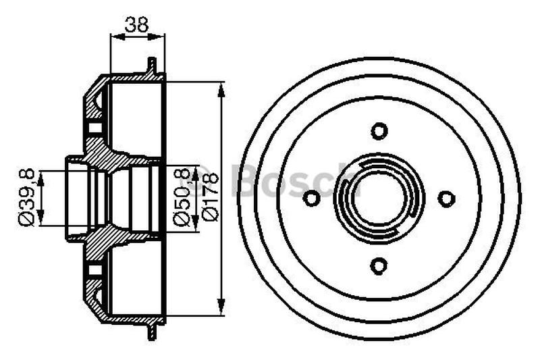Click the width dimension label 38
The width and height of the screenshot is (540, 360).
(137, 24)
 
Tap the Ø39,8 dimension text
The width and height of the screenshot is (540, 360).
(27, 197)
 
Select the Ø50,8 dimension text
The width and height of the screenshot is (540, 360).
(182, 196)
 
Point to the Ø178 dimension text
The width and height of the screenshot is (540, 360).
(211, 197)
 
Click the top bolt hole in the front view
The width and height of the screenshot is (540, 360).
(379, 131)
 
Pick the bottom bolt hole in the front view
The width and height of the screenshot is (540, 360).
(379, 266)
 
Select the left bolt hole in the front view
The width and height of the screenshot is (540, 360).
(312, 198)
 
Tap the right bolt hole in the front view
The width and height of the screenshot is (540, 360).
(447, 199)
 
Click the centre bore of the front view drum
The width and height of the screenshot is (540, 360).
(379, 199)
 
